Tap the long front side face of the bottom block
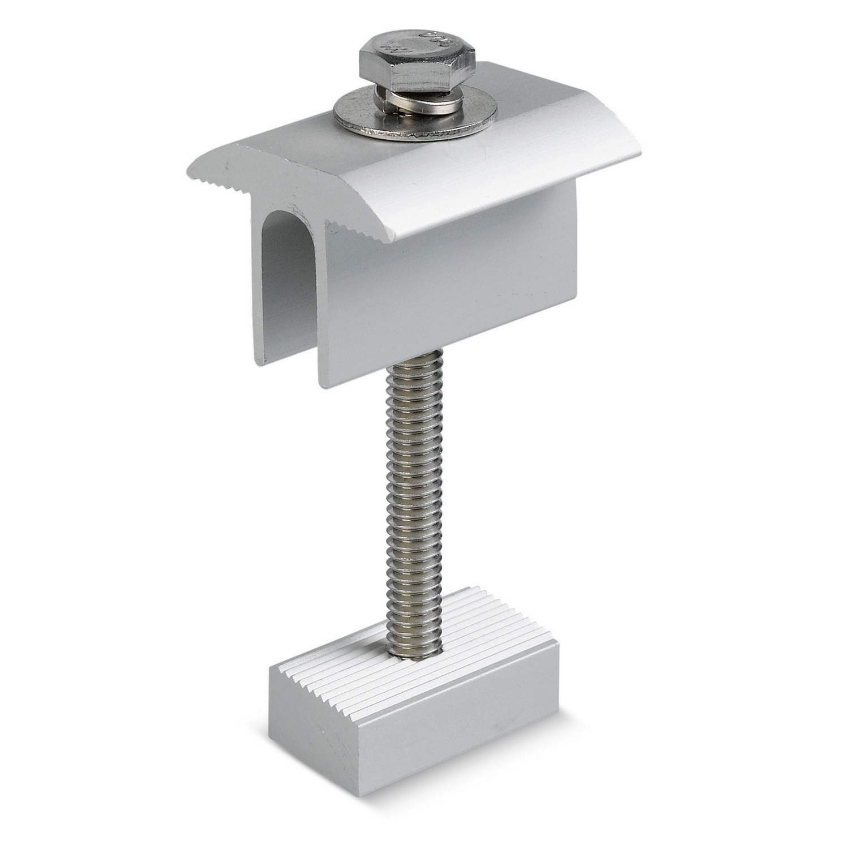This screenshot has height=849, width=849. [x=447, y=730]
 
